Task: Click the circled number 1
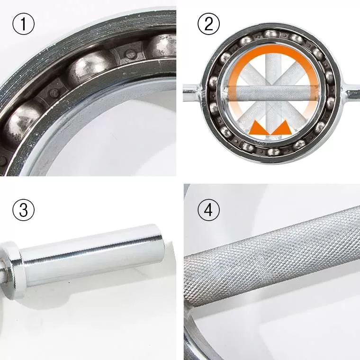tap(23, 24)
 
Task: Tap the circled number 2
tap(208, 24)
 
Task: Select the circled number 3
tap(23, 210)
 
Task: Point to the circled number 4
tap(208, 210)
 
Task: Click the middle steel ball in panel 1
tap(89, 69)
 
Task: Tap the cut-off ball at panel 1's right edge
tap(162, 47)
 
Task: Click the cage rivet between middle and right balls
tap(129, 54)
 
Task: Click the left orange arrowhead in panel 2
tap(260, 127)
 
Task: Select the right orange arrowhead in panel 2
tap(282, 127)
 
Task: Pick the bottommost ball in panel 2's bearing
tap(273, 152)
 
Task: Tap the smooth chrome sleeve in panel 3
tap(92, 255)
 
